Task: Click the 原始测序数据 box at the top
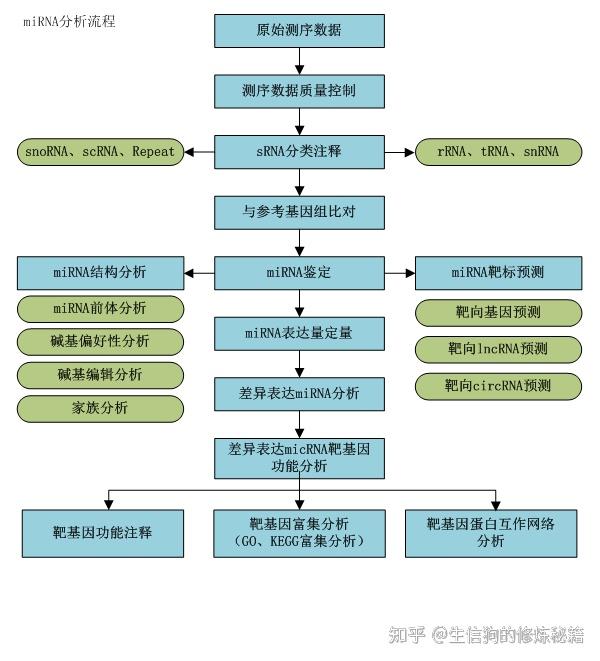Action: coord(299,31)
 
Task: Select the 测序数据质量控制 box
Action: coord(299,91)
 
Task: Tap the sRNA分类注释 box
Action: coord(299,152)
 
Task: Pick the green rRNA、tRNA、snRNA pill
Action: coord(499,152)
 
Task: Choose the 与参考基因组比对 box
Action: coord(299,212)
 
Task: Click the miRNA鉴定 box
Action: coord(299,272)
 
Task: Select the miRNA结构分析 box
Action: coord(100,272)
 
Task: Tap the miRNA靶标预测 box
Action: coord(499,272)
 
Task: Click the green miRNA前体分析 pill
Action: coord(100,308)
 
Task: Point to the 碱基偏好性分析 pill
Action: coord(100,341)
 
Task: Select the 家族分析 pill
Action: coord(100,408)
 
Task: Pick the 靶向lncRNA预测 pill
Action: coord(499,349)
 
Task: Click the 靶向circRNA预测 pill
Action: coord(499,385)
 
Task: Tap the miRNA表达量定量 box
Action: coord(299,332)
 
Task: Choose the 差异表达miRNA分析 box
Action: coord(299,393)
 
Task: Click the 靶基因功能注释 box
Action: coord(103,533)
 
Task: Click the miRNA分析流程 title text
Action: coord(69,21)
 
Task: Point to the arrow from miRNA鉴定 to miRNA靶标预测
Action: coord(400,272)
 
